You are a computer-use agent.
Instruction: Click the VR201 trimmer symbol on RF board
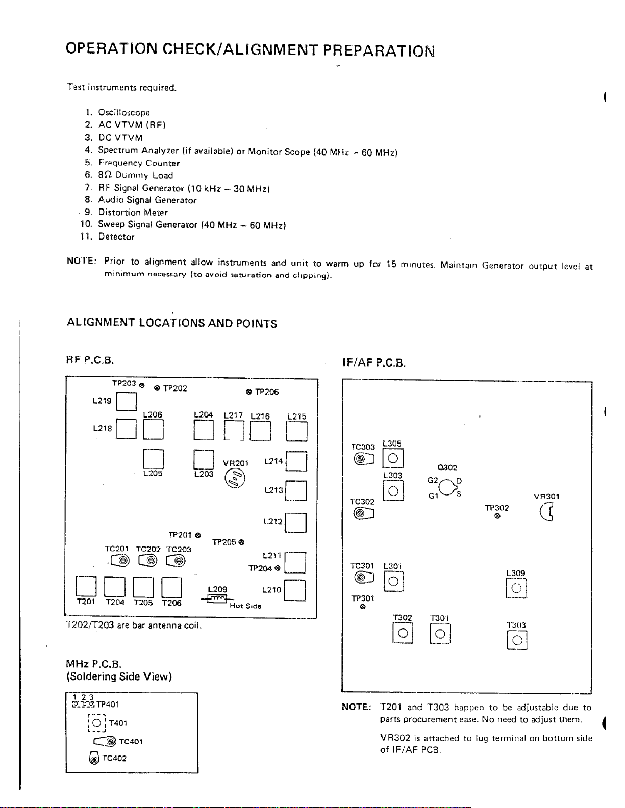(x=235, y=479)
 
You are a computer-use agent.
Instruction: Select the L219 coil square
(x=127, y=401)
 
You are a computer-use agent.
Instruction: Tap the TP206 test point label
(x=266, y=392)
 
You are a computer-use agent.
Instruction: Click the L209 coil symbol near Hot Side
(x=218, y=599)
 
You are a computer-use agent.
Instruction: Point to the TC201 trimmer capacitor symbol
(x=120, y=561)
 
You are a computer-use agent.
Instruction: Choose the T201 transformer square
(x=86, y=587)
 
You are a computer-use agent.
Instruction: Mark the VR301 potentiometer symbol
(x=546, y=511)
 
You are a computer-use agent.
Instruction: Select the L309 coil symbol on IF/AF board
(x=516, y=588)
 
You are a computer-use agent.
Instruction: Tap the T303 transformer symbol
(x=517, y=640)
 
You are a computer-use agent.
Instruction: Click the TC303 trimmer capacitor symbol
(x=364, y=459)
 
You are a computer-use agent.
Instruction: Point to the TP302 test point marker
(x=497, y=516)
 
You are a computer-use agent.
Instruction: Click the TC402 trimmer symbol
(x=94, y=759)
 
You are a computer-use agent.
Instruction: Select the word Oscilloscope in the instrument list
(x=124, y=112)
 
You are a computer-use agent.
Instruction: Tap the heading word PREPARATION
(x=379, y=50)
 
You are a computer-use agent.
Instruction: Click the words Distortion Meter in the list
(x=133, y=212)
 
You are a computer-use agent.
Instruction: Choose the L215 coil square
(x=296, y=431)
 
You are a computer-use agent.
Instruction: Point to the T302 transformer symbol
(x=403, y=633)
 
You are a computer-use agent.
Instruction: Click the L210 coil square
(x=295, y=590)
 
